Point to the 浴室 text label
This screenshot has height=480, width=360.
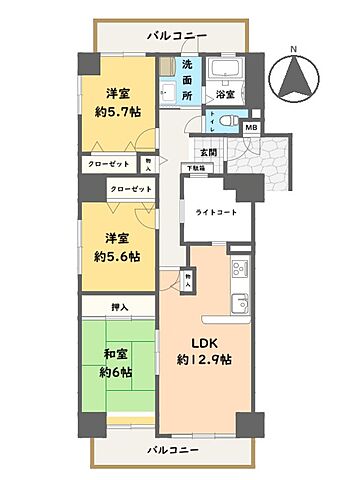click(x=225, y=94)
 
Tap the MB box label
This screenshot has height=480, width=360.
click(x=251, y=128)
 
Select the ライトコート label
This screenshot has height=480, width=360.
click(x=206, y=210)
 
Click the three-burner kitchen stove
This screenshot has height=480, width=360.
click(x=239, y=268)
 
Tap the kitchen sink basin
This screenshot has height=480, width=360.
click(x=239, y=303)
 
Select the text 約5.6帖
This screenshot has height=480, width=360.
click(x=119, y=255)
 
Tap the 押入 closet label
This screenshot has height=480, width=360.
click(x=119, y=308)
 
